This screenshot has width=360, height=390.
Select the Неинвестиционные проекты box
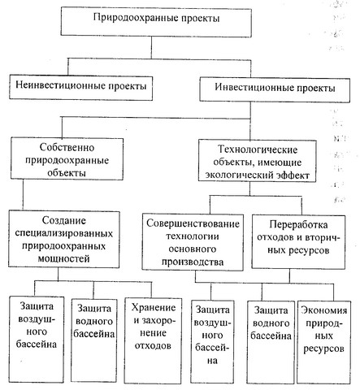click(80, 87)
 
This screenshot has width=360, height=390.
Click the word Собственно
click(67, 148)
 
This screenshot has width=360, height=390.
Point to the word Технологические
click(258, 149)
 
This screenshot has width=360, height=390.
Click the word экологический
click(240, 175)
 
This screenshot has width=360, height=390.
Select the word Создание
click(64, 221)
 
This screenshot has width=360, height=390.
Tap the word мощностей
click(63, 259)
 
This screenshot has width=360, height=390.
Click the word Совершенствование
click(193, 223)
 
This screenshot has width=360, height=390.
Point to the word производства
click(193, 262)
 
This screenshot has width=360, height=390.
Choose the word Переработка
click(298, 224)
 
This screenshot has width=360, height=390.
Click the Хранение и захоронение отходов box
click(153, 340)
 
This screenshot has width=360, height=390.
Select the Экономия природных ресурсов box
click(323, 342)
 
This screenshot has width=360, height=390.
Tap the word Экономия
click(324, 310)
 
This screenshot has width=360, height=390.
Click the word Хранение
click(154, 308)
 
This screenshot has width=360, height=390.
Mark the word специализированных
click(64, 233)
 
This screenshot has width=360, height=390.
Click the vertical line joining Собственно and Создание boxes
click(23, 194)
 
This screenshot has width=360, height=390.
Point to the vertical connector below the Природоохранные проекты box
click(151, 47)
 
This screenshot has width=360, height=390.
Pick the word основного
click(193, 249)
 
